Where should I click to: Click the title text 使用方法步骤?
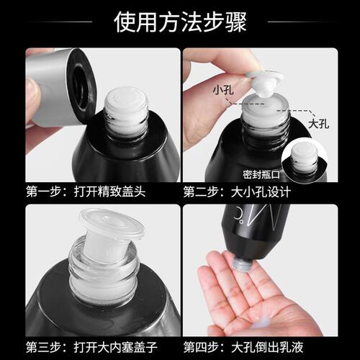point(180,22)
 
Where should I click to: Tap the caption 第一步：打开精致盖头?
point(86,192)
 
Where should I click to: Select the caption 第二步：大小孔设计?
point(237,192)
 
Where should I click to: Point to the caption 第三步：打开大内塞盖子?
point(91,347)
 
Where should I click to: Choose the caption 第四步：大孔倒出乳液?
point(243,347)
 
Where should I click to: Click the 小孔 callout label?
point(223,90)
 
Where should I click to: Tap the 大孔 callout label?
point(318,125)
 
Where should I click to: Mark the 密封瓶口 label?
point(261,175)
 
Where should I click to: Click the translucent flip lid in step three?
point(112,225)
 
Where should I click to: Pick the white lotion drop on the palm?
point(261,325)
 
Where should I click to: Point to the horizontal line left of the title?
point(59,22)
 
